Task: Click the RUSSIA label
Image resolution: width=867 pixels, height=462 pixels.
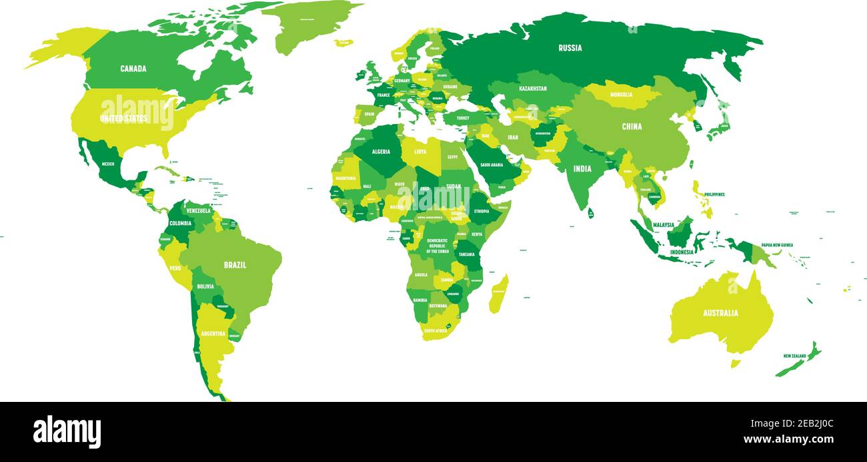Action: pos(570,48)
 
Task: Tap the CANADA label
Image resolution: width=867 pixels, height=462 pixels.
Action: pos(133,69)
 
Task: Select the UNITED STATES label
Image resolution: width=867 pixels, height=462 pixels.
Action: pos(123,119)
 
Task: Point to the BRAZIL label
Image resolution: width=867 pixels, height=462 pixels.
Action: pos(235,265)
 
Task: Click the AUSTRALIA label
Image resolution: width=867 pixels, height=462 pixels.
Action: pos(720,313)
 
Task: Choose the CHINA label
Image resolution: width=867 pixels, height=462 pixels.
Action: pos(632,127)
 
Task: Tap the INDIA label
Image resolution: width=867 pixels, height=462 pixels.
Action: pos(582,169)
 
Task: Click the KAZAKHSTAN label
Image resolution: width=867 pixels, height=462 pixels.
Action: pos(532,89)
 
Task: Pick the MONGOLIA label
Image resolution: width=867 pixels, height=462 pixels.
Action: pos(621,95)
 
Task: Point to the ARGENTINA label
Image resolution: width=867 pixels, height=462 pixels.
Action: pos(213,333)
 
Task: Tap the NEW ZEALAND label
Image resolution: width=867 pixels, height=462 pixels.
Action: pos(794,356)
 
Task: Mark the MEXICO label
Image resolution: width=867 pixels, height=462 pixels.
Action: pos(107,164)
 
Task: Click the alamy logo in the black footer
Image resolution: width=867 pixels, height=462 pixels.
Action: pos(67,432)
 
